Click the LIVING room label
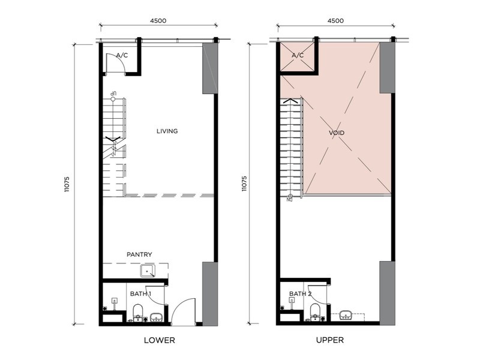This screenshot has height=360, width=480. (167, 131)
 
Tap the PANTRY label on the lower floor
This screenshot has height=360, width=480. (139, 254)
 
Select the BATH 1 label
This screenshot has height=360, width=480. (140, 293)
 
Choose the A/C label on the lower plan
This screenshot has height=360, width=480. (122, 55)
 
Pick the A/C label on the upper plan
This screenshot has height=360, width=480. (298, 55)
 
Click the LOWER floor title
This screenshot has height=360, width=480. (159, 340)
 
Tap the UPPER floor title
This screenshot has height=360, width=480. (329, 340)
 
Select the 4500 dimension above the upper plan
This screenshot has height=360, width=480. (335, 20)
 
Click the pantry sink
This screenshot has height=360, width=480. (148, 272)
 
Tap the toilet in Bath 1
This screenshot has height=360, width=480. (137, 311)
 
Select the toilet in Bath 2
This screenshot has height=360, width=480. (314, 311)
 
